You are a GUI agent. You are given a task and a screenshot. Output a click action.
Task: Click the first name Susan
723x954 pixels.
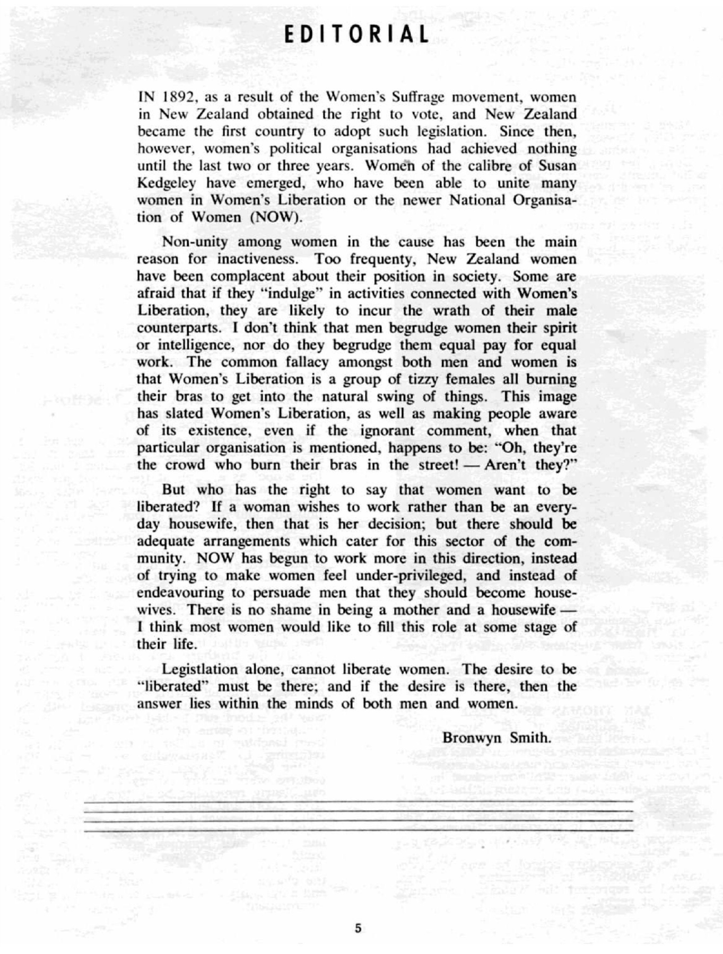[x=558, y=166]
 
